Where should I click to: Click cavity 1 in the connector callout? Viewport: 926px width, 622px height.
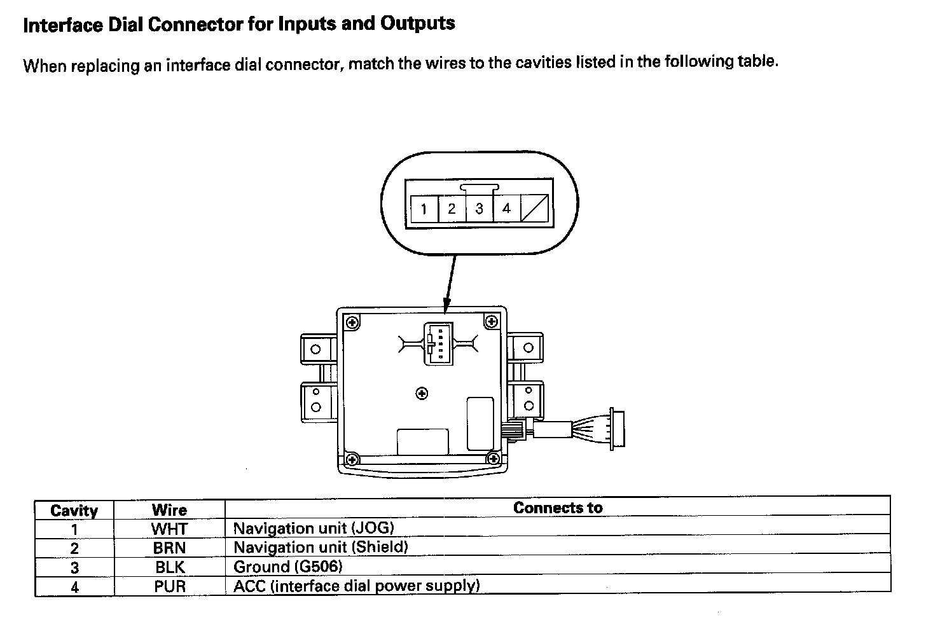424,209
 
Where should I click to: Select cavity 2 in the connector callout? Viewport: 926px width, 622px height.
452,209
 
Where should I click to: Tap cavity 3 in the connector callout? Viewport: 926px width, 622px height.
479,209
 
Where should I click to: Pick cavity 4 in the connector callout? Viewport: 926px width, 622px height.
507,209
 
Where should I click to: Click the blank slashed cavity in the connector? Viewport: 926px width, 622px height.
535,209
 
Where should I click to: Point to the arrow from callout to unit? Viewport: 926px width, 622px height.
450,283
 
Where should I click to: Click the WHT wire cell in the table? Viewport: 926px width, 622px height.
169,529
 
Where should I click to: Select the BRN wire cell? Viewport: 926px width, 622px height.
169,548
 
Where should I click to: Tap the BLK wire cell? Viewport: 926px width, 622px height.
169,567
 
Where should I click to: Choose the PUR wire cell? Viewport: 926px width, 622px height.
169,586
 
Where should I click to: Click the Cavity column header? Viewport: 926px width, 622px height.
74,511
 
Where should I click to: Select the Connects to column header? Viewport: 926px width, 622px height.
557,508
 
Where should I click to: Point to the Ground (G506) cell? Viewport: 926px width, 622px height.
288,567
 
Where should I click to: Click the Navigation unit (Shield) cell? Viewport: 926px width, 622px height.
321,547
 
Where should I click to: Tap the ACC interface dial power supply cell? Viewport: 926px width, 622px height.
356,586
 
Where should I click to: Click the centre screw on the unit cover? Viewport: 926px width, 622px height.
422,394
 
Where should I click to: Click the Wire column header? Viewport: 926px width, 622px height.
169,510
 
